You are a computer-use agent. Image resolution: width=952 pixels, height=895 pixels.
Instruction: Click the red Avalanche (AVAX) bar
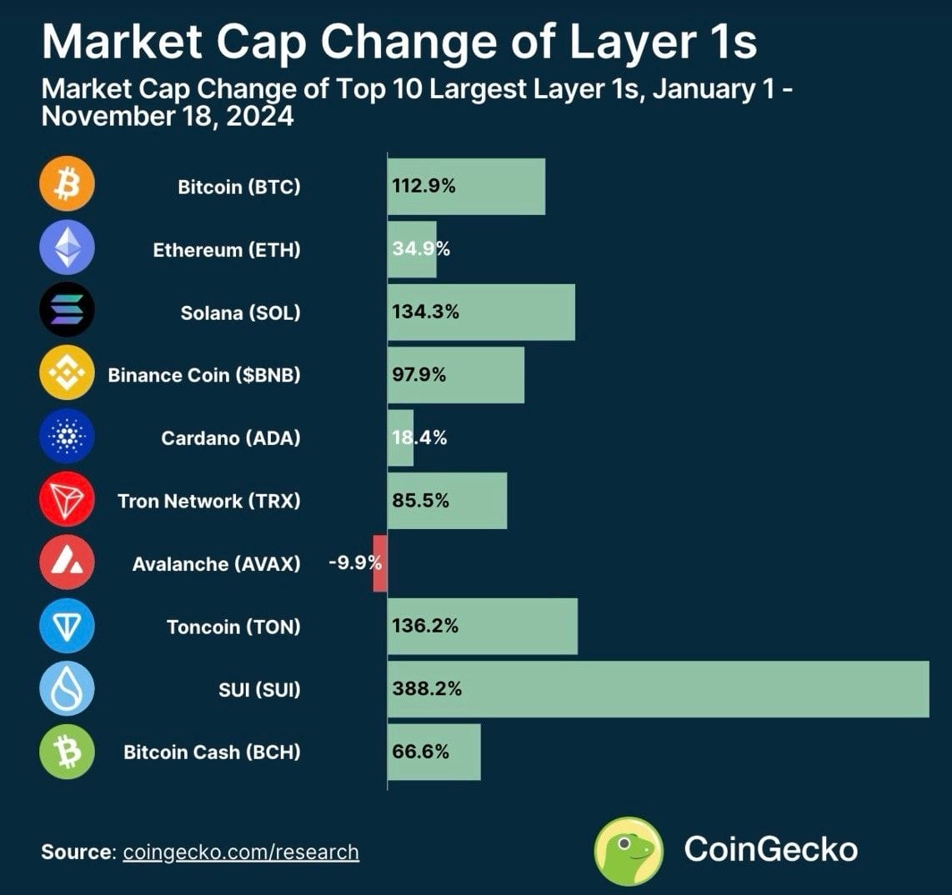(380, 563)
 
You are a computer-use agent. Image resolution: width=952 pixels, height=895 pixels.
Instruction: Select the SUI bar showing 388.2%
(658, 689)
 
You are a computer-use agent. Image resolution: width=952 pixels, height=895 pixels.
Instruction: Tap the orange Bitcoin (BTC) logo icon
(67, 186)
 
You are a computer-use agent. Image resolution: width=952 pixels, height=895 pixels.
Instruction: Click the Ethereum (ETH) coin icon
(67, 248)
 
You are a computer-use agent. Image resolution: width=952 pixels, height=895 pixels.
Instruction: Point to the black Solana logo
(67, 312)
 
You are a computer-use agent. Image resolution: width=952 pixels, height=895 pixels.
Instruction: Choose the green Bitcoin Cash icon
(67, 752)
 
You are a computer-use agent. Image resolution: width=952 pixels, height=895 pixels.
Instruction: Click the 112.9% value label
(423, 187)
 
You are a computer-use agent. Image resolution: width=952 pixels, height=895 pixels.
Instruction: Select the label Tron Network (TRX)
(208, 501)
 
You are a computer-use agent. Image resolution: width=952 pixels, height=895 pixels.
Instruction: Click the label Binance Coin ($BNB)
(204, 375)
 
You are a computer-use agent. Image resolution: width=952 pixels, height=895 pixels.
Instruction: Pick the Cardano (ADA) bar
(400, 437)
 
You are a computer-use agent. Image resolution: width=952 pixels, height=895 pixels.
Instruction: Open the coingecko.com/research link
(241, 852)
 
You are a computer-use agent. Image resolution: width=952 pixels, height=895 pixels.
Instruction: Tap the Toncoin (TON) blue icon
(67, 626)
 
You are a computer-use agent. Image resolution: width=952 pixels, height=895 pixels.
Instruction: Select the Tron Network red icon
(67, 500)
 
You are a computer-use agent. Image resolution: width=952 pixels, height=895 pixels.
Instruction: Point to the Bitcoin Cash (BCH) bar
(433, 752)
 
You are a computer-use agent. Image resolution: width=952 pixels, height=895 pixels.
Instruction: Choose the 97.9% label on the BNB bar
(419, 375)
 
